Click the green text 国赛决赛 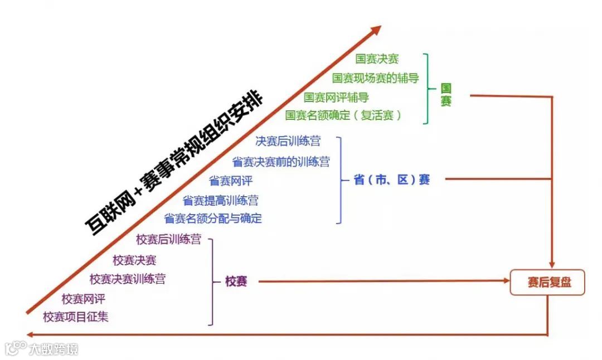(x=377, y=59)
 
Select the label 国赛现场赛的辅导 (x=375, y=78)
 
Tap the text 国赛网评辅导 (x=336, y=97)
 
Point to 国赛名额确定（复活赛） (x=343, y=115)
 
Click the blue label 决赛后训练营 (x=288, y=142)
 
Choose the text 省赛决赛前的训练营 (x=280, y=162)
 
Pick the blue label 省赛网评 (x=231, y=181)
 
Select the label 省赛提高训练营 (x=220, y=200)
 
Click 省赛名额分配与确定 (x=212, y=218)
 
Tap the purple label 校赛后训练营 (x=168, y=240)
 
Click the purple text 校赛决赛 (x=134, y=260)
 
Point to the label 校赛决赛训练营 (x=127, y=279)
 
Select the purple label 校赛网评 (x=84, y=299)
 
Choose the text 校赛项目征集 (x=76, y=317)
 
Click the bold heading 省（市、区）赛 (x=392, y=180)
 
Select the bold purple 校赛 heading (x=236, y=281)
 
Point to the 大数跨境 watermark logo (x=42, y=349)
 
